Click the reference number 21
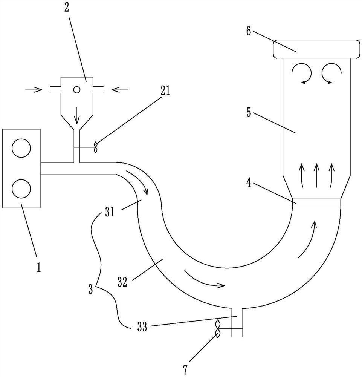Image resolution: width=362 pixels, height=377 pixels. [164, 91]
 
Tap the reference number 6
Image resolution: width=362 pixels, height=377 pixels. [249, 31]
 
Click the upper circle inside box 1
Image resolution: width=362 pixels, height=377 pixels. [21, 148]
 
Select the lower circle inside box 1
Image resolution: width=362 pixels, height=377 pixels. [21, 188]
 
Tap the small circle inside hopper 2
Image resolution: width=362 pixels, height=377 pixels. [77, 90]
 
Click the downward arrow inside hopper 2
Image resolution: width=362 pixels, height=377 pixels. [77, 115]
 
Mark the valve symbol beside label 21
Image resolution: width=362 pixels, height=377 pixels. [96, 147]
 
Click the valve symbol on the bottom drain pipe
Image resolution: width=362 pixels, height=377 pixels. [218, 329]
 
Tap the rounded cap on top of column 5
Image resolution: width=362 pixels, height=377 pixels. [316, 49]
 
